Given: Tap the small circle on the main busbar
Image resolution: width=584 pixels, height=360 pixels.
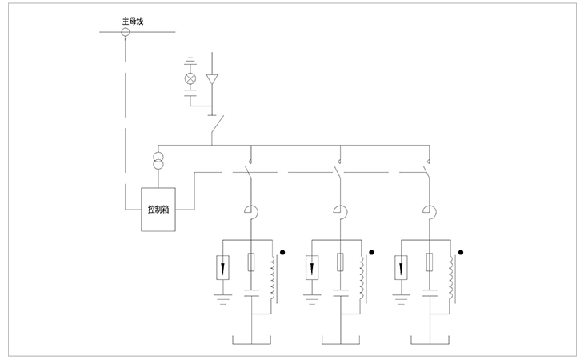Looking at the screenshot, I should point(125,32).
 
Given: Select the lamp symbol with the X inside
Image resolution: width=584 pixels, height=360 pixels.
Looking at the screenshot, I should point(190,78).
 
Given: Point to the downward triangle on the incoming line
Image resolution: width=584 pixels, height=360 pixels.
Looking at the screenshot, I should point(212,79).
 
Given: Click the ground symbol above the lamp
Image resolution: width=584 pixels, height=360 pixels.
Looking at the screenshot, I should point(190,61).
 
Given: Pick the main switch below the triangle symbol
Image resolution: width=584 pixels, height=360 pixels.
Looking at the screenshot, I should point(214,126).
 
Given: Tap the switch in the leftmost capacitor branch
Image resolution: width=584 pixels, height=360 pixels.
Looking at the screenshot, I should point(251,171).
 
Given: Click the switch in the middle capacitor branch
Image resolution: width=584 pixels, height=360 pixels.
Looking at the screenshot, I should point(339,171).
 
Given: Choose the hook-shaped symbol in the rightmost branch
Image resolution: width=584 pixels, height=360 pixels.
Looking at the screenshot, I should point(429,212).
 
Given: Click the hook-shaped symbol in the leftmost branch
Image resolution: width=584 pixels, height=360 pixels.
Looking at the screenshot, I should point(251,212).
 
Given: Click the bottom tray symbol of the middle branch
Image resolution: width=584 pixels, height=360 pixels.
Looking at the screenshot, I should point(340,342).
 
